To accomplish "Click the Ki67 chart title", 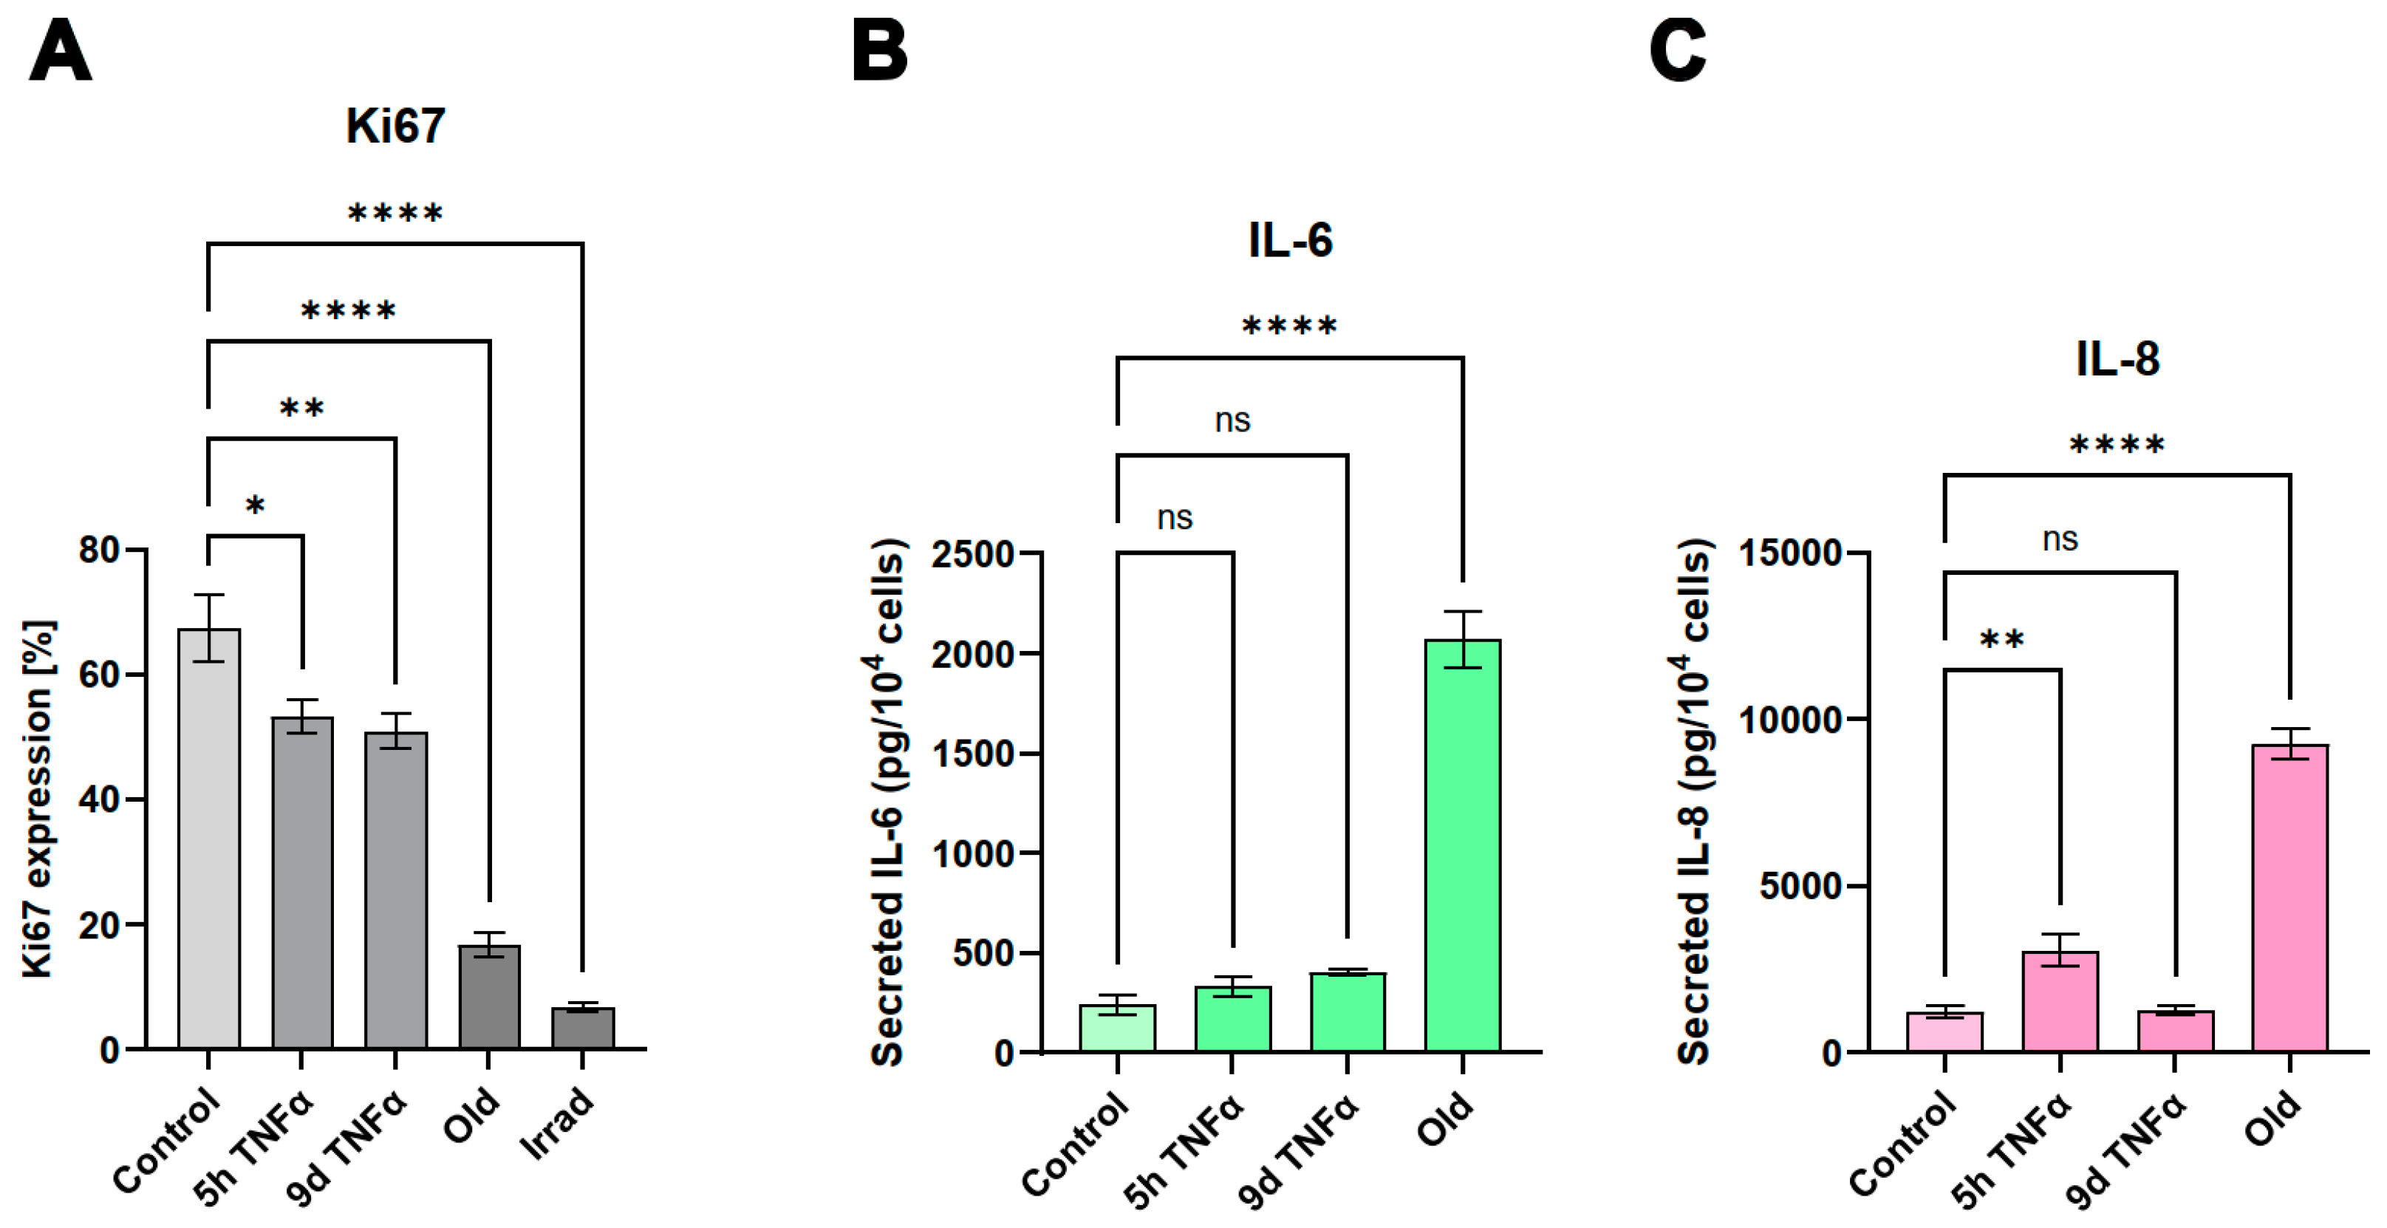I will point(396,126).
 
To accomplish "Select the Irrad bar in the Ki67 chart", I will point(582,1028).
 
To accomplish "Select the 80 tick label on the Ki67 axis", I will point(100,550).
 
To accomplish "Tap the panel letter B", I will point(878,52).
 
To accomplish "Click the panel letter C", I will point(1677,52).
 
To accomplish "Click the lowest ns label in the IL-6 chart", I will point(1174,517).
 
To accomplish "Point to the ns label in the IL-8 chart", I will point(2060,539).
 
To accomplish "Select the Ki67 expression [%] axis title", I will point(39,798).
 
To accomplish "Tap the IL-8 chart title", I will point(2117,358).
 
